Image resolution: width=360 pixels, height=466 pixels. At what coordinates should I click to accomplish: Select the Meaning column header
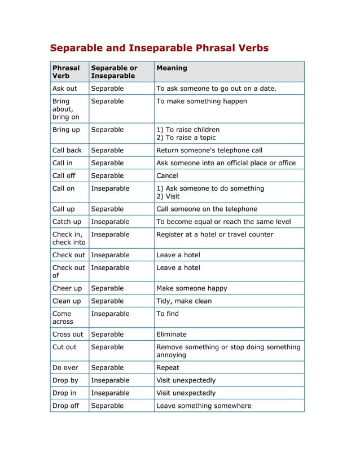pyautogui.click(x=172, y=68)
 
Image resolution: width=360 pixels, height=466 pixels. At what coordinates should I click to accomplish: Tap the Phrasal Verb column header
pyautogui.click(x=66, y=72)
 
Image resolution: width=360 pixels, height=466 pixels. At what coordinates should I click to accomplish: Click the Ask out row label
pyautogui.click(x=64, y=89)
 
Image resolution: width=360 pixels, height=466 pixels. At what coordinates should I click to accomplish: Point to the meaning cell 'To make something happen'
pyautogui.click(x=201, y=101)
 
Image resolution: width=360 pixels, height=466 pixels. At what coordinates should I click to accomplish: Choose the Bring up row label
pyautogui.click(x=65, y=130)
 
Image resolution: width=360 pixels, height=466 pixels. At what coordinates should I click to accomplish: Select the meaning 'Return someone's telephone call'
pyautogui.click(x=209, y=151)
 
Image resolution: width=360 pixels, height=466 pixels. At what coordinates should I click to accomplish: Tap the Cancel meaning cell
pyautogui.click(x=167, y=175)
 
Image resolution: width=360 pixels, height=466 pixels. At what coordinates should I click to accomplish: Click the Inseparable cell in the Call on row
pyautogui.click(x=110, y=188)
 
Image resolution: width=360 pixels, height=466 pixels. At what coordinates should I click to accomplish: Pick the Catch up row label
pyautogui.click(x=67, y=222)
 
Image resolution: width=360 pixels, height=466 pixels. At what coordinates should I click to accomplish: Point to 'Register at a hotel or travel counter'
pyautogui.click(x=214, y=234)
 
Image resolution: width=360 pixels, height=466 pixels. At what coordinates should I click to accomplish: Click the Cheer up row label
pyautogui.click(x=67, y=288)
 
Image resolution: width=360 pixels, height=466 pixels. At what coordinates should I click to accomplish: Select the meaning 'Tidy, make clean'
pyautogui.click(x=184, y=301)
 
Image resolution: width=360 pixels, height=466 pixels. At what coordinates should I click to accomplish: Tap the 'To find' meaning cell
pyautogui.click(x=168, y=314)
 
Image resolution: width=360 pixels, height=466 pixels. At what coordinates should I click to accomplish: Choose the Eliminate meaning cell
pyautogui.click(x=172, y=334)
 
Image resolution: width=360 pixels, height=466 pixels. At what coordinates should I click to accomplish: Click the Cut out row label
pyautogui.click(x=64, y=347)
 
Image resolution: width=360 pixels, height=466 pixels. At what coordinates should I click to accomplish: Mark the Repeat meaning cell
pyautogui.click(x=168, y=367)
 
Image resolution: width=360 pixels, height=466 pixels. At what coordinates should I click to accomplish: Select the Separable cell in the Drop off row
pyautogui.click(x=107, y=406)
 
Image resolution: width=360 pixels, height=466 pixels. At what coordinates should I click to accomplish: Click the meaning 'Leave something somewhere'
pyautogui.click(x=204, y=406)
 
